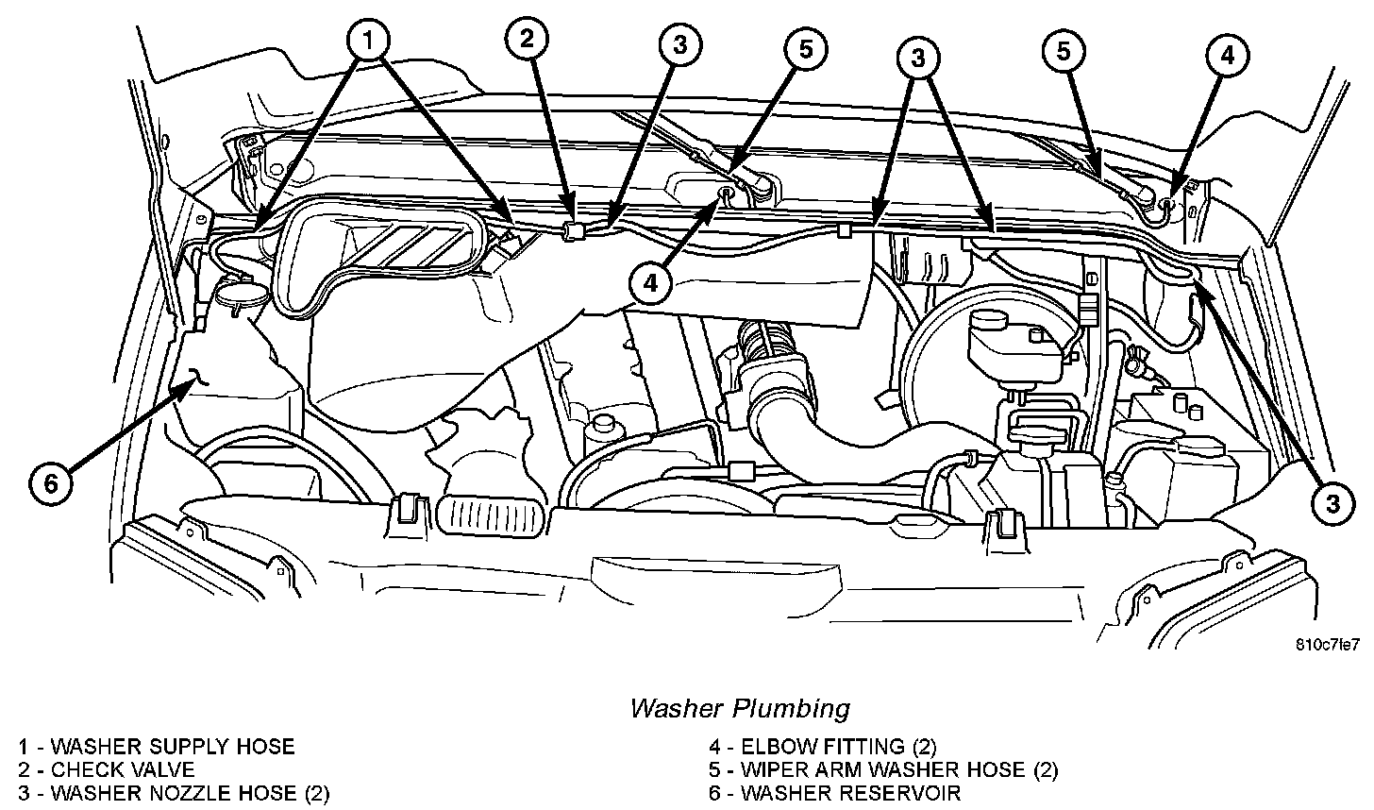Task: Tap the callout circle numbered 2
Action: coord(527,41)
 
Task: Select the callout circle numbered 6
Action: coord(51,483)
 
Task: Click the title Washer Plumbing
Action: coord(739,707)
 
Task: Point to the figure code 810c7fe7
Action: coord(1328,645)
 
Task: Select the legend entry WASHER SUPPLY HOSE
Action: coord(157,747)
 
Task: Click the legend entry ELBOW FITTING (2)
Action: coord(823,747)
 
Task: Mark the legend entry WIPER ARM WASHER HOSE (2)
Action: coord(884,769)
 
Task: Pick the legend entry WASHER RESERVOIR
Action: coord(835,793)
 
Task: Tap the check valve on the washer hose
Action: coord(569,230)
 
